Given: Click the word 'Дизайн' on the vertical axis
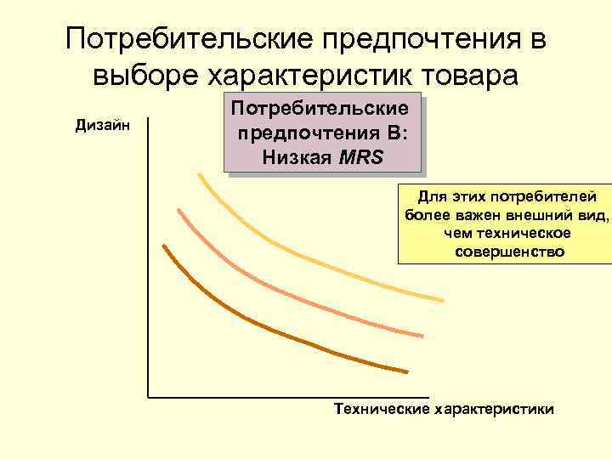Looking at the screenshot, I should (x=102, y=126).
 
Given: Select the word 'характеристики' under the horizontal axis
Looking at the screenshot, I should (x=494, y=410).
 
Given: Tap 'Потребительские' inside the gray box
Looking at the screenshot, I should (x=320, y=110).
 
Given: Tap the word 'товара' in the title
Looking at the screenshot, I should (x=469, y=76).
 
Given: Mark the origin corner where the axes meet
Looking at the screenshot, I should (x=148, y=397).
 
